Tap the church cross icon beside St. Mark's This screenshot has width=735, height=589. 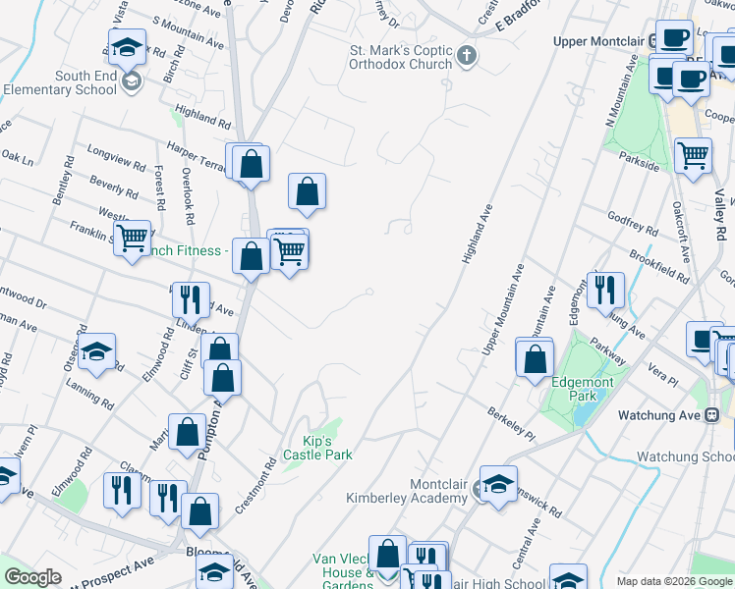click(467, 56)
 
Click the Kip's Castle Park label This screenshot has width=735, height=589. click(317, 448)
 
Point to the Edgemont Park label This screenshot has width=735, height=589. click(589, 389)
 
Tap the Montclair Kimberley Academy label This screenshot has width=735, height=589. click(407, 491)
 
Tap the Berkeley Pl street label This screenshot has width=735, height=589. click(511, 423)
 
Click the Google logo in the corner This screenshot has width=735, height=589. click(33, 577)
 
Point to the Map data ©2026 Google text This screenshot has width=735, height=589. click(674, 581)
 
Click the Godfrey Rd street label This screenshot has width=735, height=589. click(633, 224)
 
